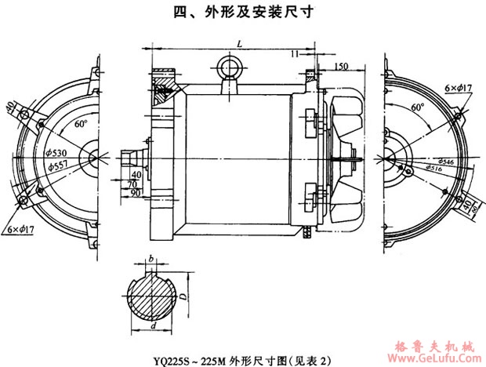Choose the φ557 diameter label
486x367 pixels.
[x=58, y=166]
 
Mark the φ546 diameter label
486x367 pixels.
[x=437, y=160]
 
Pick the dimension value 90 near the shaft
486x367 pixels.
[x=137, y=192]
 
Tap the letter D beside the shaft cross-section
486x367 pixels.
[x=182, y=296]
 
